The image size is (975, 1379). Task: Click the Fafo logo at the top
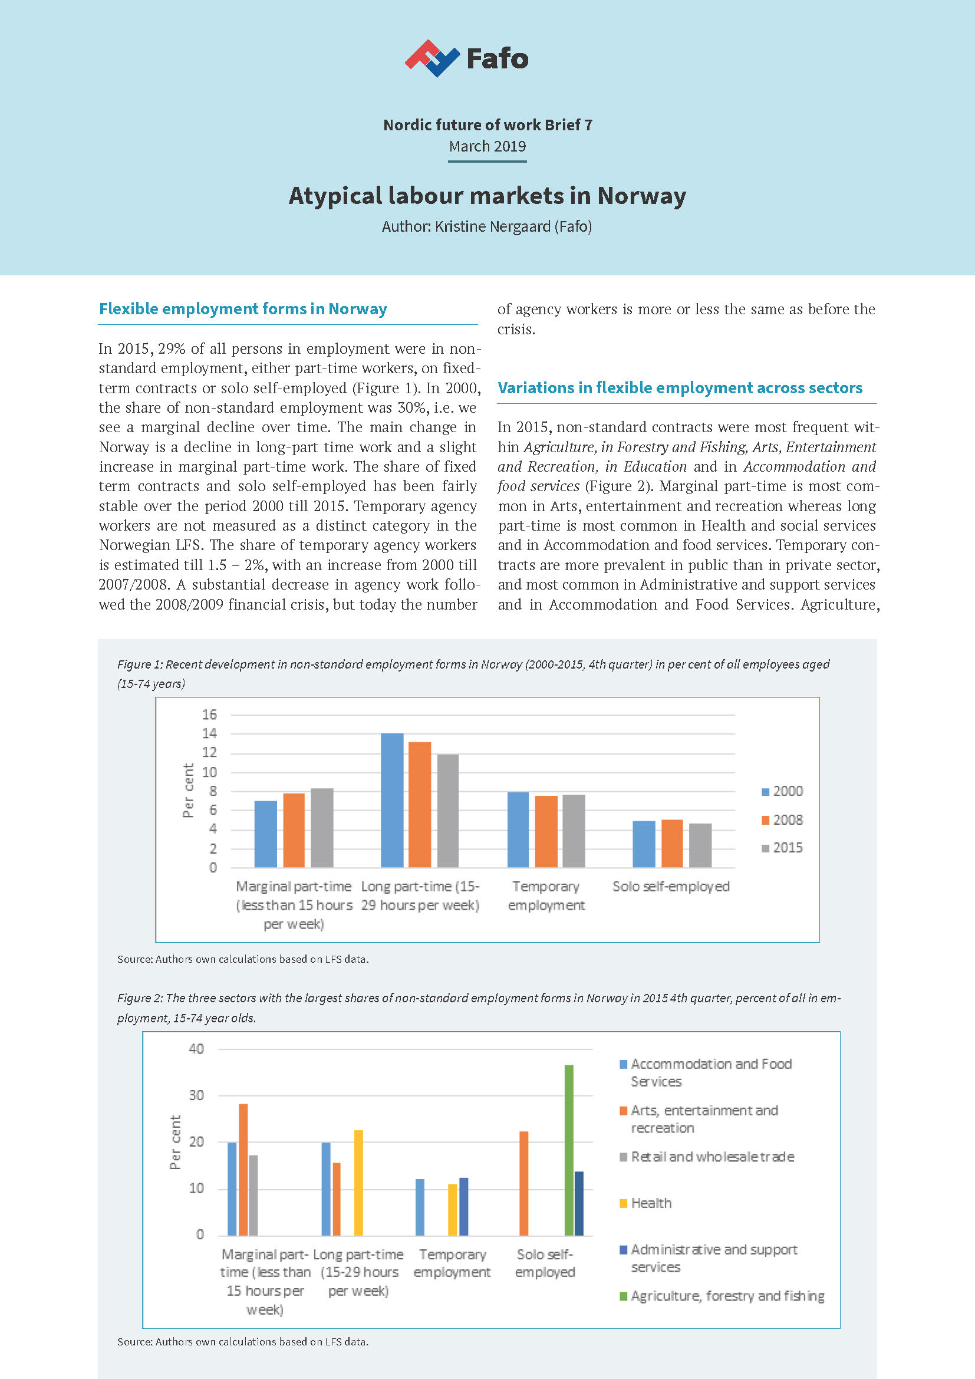coord(467,59)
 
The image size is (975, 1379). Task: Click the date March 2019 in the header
coord(487,147)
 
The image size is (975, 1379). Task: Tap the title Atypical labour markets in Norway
coord(487,196)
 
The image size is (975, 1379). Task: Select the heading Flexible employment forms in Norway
coord(242,309)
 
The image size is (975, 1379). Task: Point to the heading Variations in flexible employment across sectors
coord(680,388)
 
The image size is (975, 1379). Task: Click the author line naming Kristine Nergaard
coord(487,226)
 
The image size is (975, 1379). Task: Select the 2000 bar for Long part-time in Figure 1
coord(392,800)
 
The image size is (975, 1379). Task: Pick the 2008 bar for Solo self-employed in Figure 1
coord(672,843)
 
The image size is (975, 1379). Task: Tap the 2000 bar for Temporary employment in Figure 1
coord(518,830)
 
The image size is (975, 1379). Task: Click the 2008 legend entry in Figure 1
coord(782,820)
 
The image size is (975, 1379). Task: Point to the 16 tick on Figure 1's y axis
coord(209,715)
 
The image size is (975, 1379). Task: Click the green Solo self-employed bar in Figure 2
coord(568,1150)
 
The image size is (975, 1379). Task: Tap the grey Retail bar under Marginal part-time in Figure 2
coord(253,1194)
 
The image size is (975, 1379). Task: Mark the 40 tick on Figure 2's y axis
coord(196,1049)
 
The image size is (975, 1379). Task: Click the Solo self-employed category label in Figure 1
coord(671,887)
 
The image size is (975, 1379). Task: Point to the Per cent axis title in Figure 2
coord(175,1142)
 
